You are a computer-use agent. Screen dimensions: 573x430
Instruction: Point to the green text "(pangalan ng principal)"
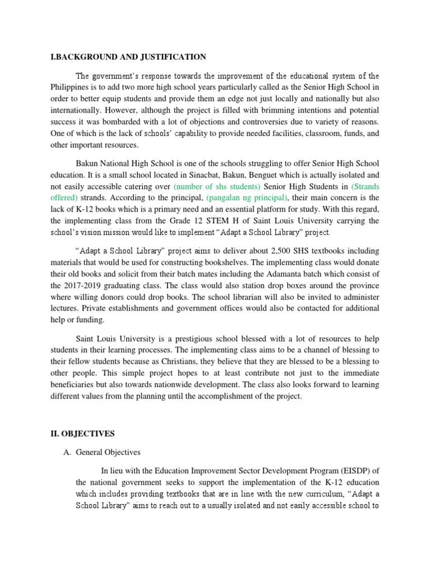[x=247, y=198]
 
